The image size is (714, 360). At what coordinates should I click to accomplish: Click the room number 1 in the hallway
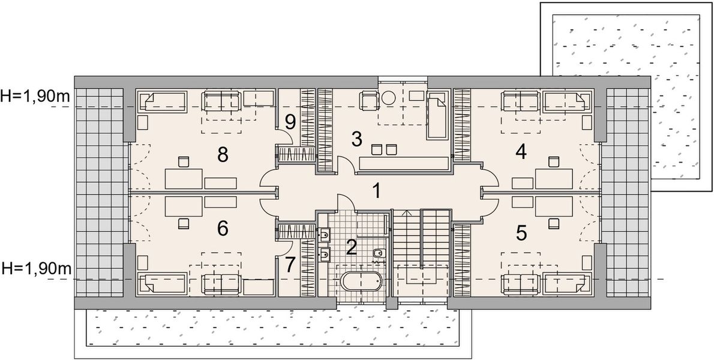tap(376, 192)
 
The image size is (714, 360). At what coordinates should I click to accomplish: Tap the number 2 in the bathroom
tap(352, 247)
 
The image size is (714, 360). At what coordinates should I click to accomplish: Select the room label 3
tap(357, 139)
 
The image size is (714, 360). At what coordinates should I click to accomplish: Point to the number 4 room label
tap(521, 151)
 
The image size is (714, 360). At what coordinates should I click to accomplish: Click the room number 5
tap(521, 233)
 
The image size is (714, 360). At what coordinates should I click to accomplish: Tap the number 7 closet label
tap(290, 265)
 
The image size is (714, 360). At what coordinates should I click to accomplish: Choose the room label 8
tap(223, 155)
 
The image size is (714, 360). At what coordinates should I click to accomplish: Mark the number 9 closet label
tap(290, 122)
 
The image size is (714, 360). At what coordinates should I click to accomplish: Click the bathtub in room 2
tap(359, 281)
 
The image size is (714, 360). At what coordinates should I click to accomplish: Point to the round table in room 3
tap(389, 96)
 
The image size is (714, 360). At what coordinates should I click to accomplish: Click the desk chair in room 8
tap(183, 161)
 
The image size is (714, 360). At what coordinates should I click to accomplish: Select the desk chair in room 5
tap(552, 223)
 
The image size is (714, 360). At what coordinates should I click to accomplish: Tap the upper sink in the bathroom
tap(324, 235)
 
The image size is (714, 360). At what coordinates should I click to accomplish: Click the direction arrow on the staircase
tap(407, 212)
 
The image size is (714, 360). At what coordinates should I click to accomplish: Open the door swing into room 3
tap(344, 165)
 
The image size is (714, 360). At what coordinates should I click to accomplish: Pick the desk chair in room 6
tap(183, 223)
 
